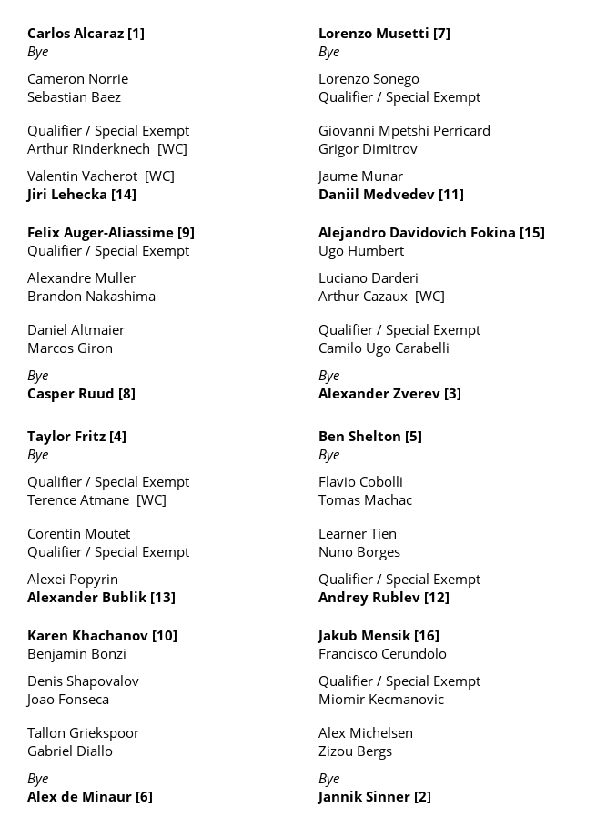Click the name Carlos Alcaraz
click(x=76, y=34)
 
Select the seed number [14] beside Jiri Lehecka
click(x=124, y=195)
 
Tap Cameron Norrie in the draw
click(x=77, y=79)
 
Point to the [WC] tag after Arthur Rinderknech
click(x=172, y=149)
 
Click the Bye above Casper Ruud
click(x=38, y=376)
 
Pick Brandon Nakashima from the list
click(x=91, y=297)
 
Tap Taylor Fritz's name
click(x=66, y=437)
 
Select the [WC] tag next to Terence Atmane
click(x=151, y=500)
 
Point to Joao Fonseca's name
click(x=68, y=700)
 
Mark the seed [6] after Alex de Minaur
click(x=144, y=797)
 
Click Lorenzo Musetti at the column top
click(x=373, y=34)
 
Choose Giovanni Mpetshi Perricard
click(x=404, y=131)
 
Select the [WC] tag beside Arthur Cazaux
click(x=429, y=297)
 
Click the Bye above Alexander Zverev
click(x=329, y=376)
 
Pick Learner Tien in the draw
click(x=358, y=534)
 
